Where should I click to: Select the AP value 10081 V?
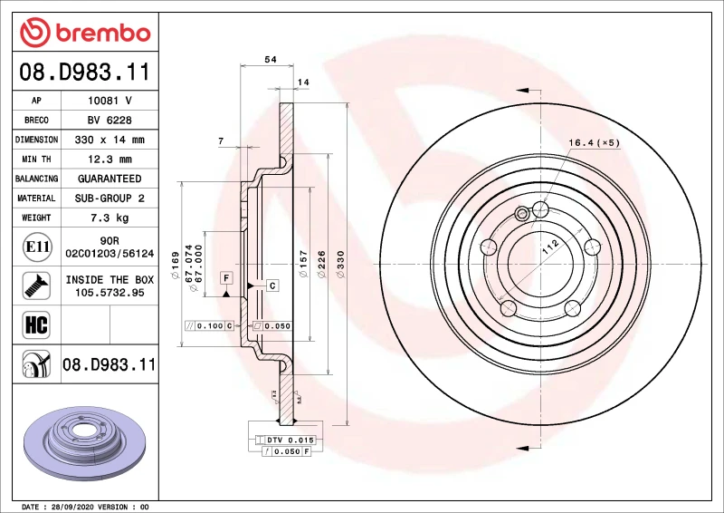[x=109, y=101]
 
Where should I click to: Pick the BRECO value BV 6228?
[x=109, y=121]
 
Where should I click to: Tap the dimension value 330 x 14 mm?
[x=109, y=140]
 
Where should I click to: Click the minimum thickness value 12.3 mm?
[x=109, y=160]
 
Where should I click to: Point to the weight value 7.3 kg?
[x=109, y=218]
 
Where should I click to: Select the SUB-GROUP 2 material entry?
[x=109, y=198]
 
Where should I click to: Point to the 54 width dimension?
[x=270, y=59]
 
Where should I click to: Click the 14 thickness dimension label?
[x=304, y=82]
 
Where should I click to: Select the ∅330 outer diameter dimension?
[x=340, y=263]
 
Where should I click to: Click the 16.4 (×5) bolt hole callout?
[x=594, y=142]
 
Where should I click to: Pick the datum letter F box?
[x=225, y=277]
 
